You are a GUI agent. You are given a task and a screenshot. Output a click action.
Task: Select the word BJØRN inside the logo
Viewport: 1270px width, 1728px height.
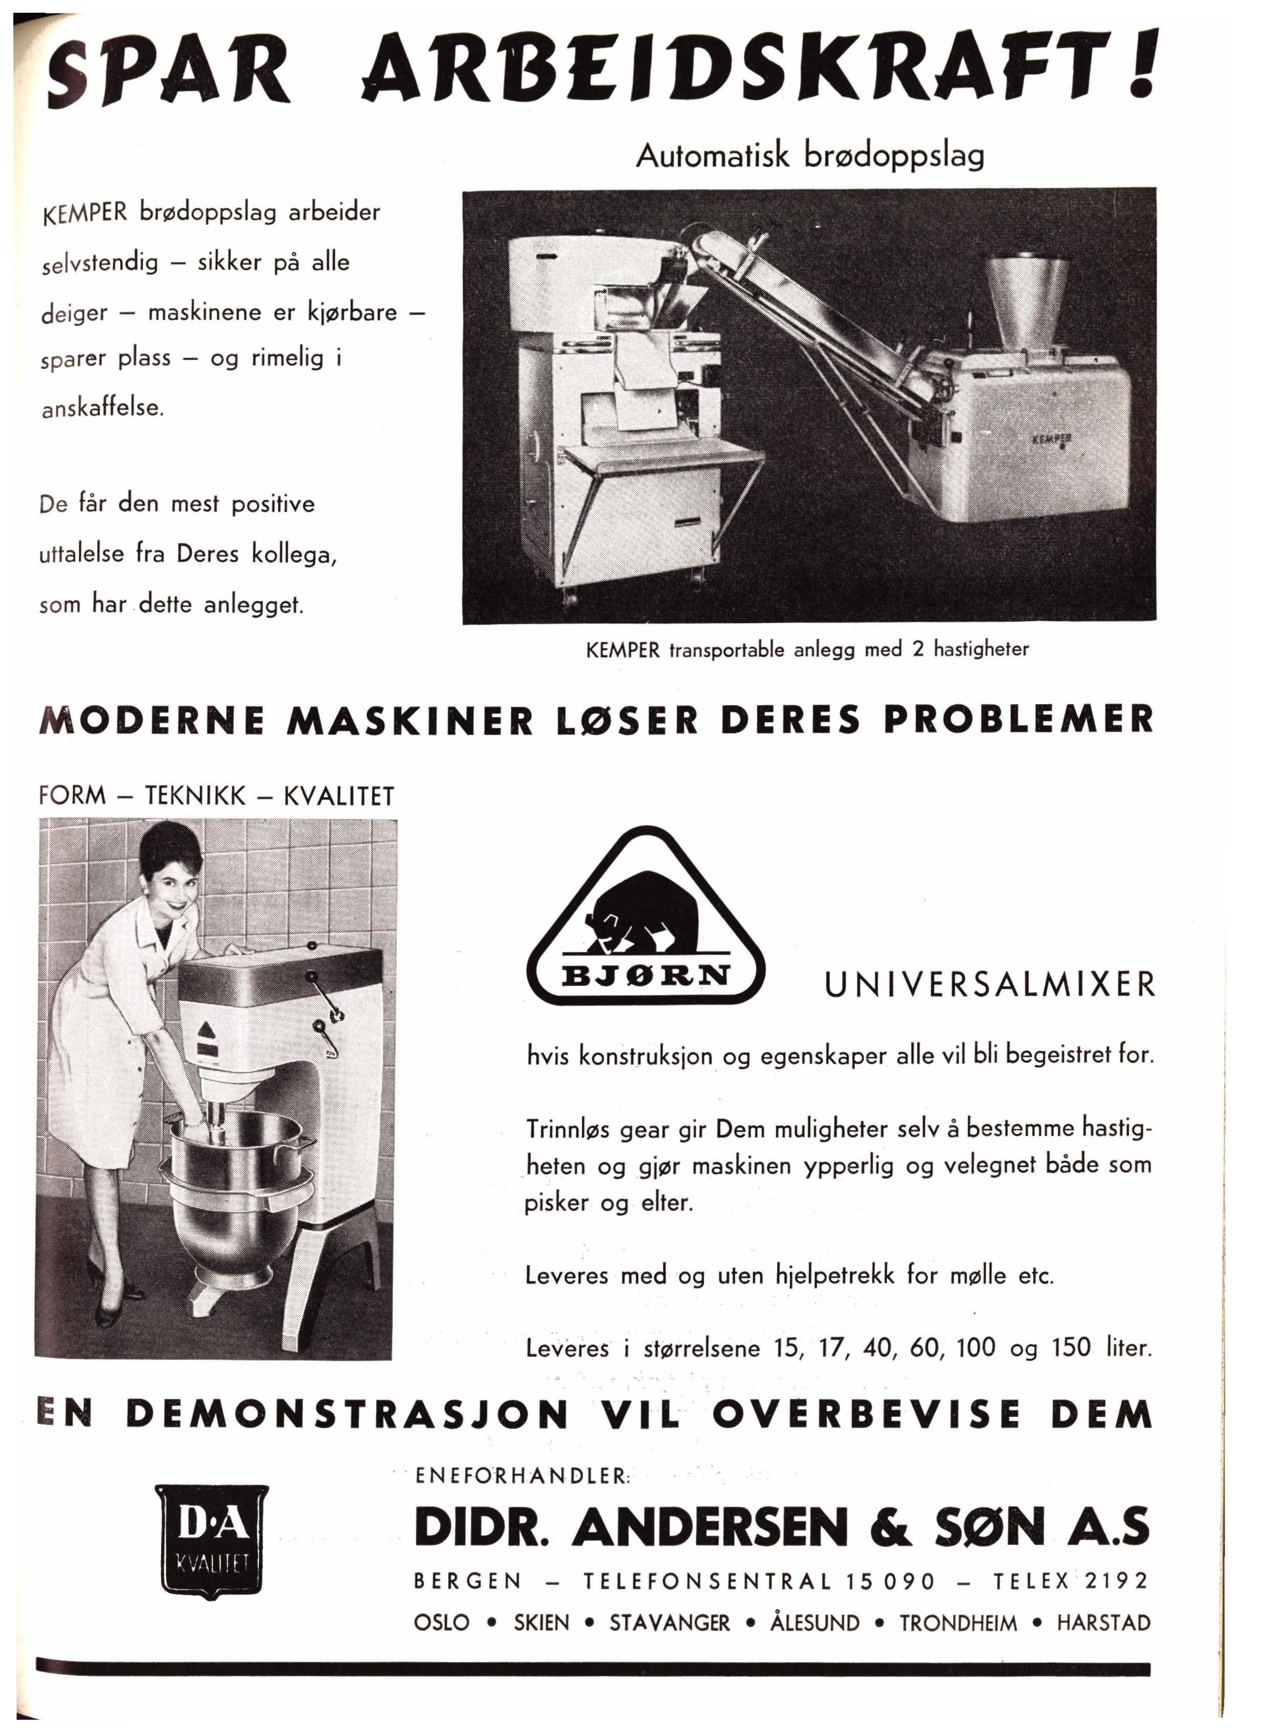646,975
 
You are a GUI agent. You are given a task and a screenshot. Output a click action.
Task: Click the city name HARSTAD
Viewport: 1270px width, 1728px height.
1103,1623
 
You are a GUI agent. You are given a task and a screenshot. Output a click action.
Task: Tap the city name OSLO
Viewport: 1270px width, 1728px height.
441,1623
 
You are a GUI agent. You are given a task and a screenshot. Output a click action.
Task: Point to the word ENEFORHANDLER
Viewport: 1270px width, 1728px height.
523,1476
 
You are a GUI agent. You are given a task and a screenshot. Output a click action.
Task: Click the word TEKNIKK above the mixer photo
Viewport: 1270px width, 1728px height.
195,796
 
